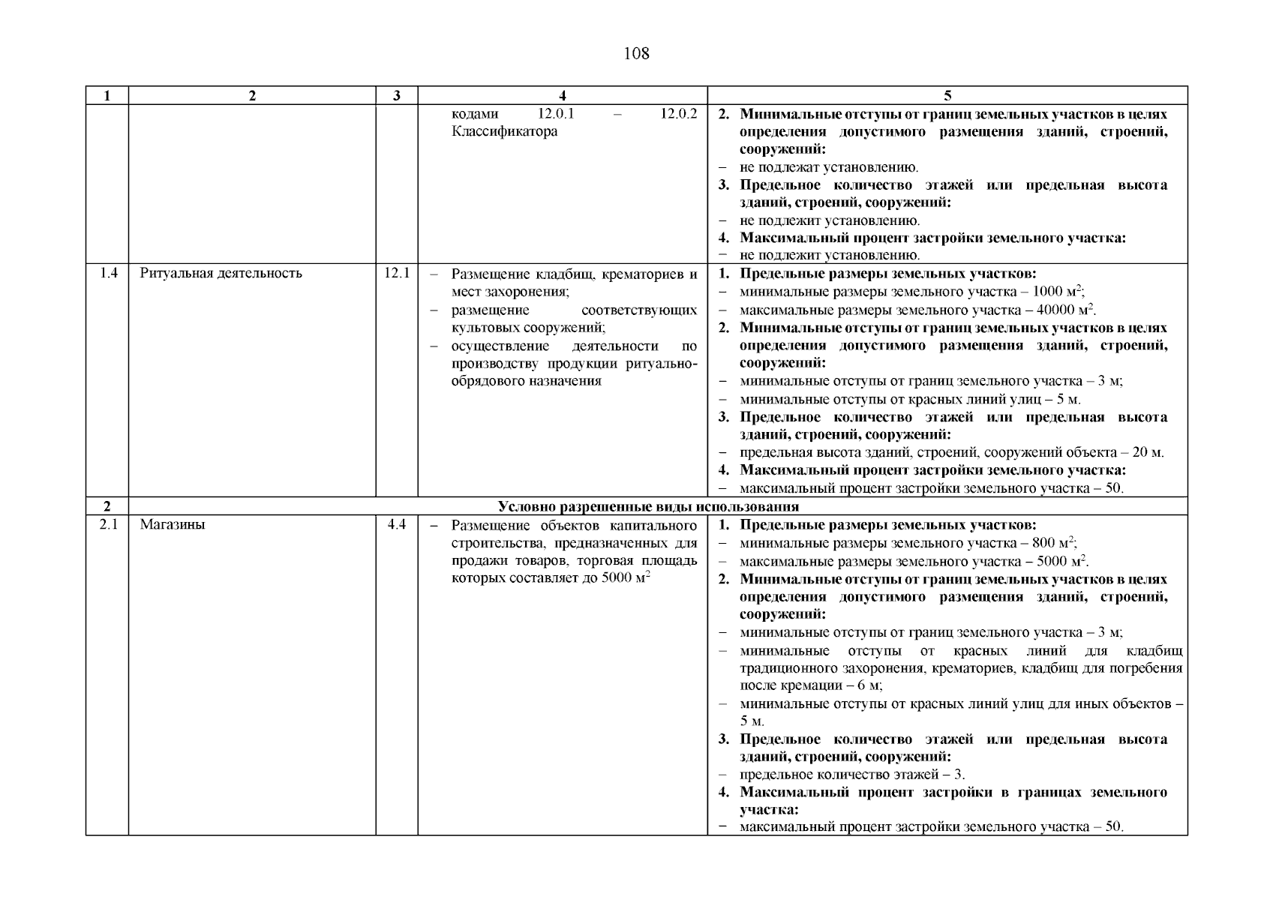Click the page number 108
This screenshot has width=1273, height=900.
pyautogui.click(x=636, y=53)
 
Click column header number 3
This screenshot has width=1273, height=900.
pyautogui.click(x=396, y=95)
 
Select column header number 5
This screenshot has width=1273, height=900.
pyautogui.click(x=947, y=95)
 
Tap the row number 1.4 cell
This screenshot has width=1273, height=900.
pyautogui.click(x=108, y=273)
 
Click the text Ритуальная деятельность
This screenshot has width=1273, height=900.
pyautogui.click(x=221, y=273)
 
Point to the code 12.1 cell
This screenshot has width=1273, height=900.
pyautogui.click(x=396, y=273)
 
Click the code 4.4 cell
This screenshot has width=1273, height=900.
pyautogui.click(x=396, y=524)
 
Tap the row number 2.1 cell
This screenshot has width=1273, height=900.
pyautogui.click(x=108, y=524)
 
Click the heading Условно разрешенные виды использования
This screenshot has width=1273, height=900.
pyautogui.click(x=648, y=506)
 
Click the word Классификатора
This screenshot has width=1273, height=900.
pyautogui.click(x=504, y=132)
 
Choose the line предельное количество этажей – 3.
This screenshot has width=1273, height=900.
pyautogui.click(x=852, y=775)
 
